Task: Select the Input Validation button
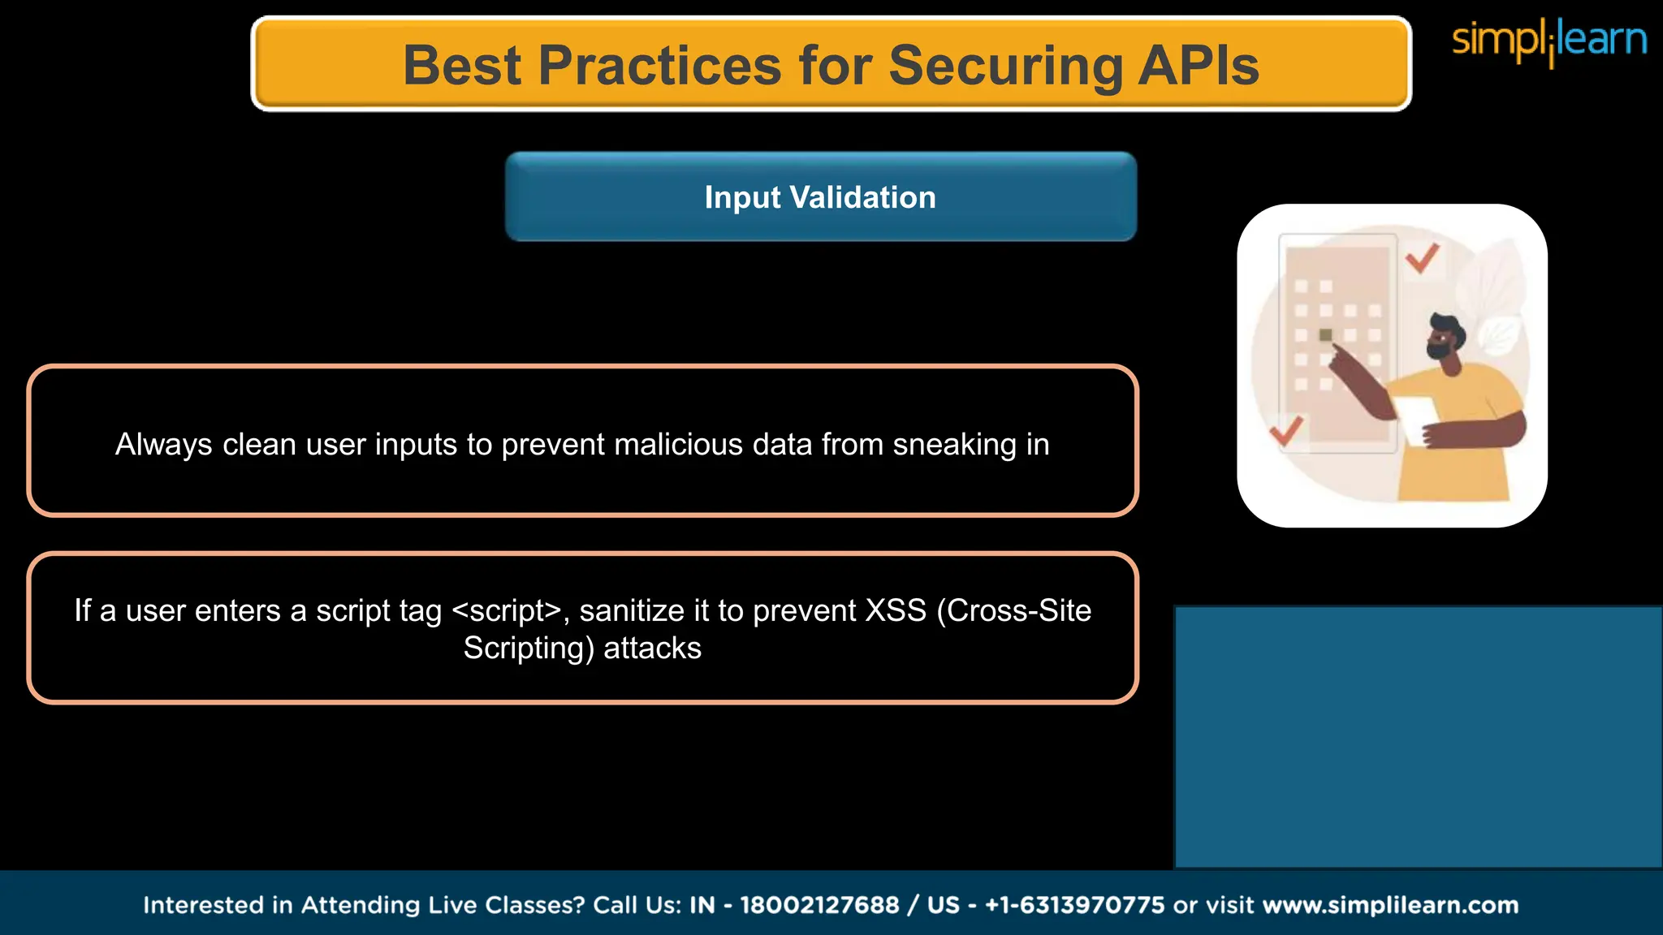[x=820, y=197]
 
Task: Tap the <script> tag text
[x=506, y=610]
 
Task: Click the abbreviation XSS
[x=896, y=610]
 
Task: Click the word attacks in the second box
[x=652, y=648]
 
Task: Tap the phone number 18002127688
[x=819, y=905]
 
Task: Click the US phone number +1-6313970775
[x=1074, y=905]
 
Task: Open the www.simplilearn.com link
[x=1390, y=905]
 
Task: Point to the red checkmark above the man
[x=1422, y=258]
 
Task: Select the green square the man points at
[x=1326, y=335]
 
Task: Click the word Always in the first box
[x=163, y=445]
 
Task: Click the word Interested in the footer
[x=218, y=905]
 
